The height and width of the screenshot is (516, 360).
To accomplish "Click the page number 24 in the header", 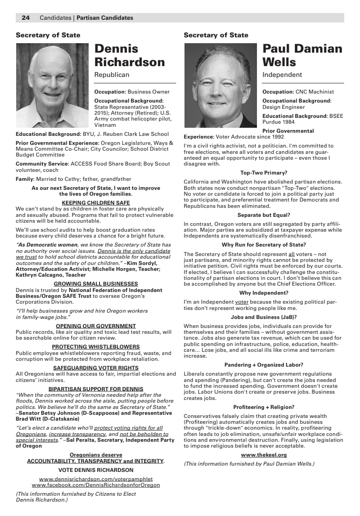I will click(26, 18).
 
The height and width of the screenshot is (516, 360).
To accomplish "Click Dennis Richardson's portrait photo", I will click(52, 85).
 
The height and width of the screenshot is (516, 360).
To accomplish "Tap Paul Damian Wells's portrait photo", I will click(220, 85).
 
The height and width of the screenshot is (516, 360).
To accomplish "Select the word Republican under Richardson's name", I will click(112, 75).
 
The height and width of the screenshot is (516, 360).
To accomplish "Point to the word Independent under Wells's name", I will click(282, 75).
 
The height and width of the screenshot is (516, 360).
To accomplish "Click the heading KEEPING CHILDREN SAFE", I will click(95, 203).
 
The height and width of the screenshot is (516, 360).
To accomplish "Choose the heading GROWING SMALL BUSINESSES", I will click(95, 284).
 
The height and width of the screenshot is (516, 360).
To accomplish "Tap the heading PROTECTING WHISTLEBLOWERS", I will click(95, 347).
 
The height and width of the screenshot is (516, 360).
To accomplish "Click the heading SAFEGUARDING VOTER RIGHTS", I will click(95, 368).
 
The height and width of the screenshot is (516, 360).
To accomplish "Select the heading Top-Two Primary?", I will click(264, 173).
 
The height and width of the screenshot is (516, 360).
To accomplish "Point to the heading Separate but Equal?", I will click(264, 215).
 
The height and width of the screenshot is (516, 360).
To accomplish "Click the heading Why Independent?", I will click(264, 293).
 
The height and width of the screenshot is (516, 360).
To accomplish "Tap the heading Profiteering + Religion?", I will click(264, 407).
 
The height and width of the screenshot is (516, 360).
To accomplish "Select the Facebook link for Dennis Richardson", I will click(96, 485).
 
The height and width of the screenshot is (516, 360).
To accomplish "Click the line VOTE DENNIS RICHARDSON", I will click(96, 470).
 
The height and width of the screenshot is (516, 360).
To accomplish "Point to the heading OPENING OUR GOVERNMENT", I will click(95, 326).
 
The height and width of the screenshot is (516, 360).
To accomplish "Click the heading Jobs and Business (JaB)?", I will click(264, 317).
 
